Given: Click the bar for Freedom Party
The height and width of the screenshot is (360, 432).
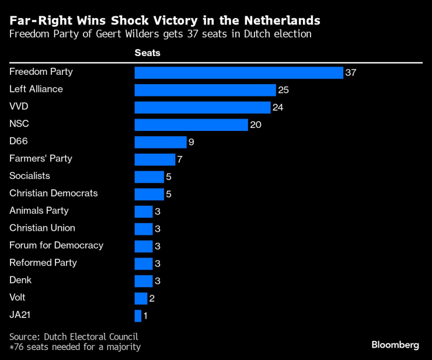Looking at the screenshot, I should (x=238, y=72).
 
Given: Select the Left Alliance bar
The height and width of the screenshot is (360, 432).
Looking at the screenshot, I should (x=205, y=90).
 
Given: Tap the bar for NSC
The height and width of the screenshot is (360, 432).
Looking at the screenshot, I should (x=191, y=124).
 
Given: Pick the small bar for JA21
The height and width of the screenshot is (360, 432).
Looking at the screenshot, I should (x=138, y=316).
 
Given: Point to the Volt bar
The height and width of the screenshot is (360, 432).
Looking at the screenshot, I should (x=141, y=299).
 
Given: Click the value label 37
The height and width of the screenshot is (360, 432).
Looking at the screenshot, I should (x=350, y=73).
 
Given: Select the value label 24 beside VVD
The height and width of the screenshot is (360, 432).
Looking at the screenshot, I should (x=278, y=108).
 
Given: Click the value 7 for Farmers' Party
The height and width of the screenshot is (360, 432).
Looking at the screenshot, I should (x=180, y=160).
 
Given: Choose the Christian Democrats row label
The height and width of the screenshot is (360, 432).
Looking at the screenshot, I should (x=54, y=193).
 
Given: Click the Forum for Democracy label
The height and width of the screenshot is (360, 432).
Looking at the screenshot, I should (x=57, y=245).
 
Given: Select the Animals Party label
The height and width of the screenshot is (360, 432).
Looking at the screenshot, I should (x=39, y=211).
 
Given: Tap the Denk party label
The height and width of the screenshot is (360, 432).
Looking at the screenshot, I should (x=21, y=280).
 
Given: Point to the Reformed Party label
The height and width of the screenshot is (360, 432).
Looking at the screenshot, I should (x=43, y=263).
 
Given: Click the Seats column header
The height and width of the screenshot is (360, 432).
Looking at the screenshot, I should (x=147, y=53).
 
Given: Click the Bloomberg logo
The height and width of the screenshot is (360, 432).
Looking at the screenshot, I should (x=395, y=345).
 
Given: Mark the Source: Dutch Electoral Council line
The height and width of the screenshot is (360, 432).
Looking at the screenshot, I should (x=74, y=337).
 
